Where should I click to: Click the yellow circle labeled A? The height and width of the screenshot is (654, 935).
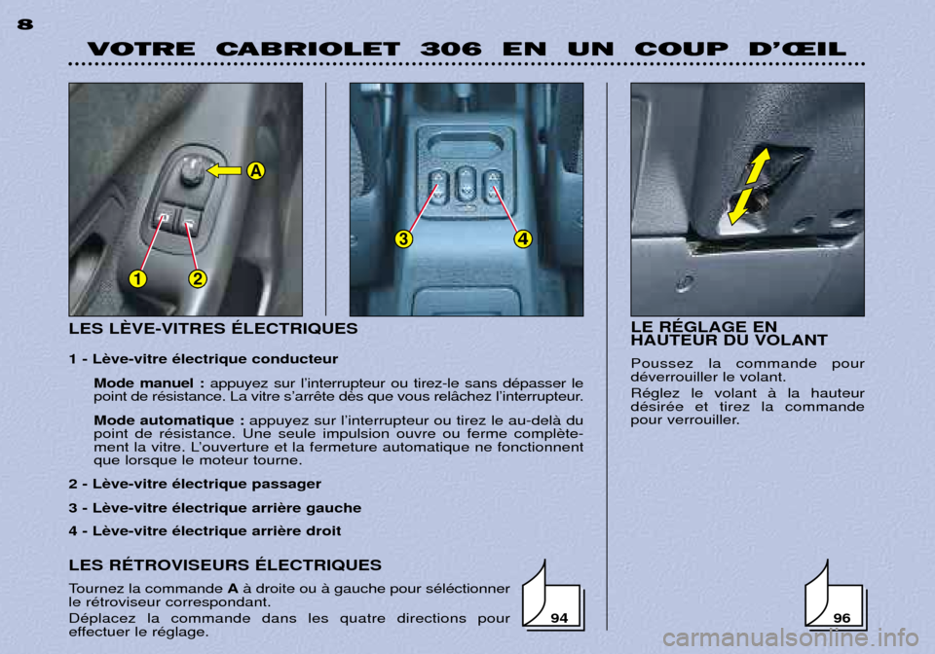coord(256,171)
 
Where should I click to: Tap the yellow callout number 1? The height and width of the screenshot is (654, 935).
coord(137,278)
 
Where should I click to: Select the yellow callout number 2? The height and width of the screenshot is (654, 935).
coord(198,278)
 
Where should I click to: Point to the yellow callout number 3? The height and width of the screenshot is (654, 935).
coord(403,238)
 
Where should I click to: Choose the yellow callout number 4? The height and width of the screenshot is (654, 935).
coord(523,238)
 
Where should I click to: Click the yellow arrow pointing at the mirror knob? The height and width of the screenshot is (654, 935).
coord(224,171)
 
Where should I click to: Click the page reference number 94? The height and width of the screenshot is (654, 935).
coord(559,618)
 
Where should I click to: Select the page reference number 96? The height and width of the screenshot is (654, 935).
coord(841,618)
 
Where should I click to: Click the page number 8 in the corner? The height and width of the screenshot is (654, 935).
coord(25,24)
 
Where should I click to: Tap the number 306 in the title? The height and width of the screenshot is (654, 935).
coord(451,49)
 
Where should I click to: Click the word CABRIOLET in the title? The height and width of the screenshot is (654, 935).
coord(308,49)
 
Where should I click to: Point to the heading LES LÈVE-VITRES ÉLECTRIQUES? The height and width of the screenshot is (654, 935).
coord(213,328)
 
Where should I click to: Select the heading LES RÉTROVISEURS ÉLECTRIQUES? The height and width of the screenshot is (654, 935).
coord(225,564)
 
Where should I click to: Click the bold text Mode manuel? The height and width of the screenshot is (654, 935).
coord(144,383)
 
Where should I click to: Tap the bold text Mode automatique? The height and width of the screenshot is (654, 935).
coord(165,421)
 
